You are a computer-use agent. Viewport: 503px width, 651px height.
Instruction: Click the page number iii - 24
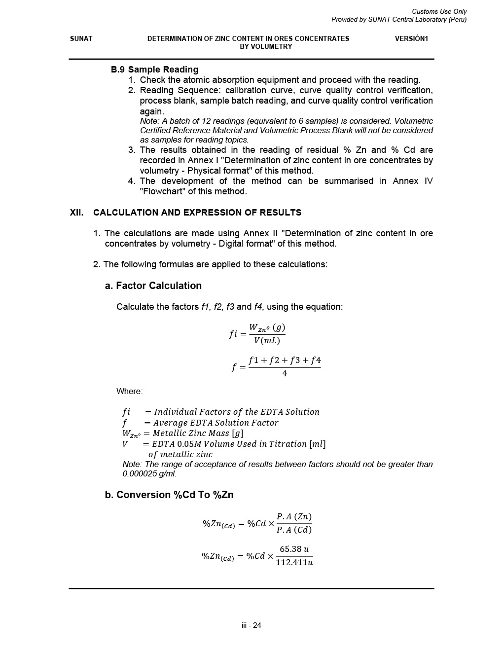tap(251, 625)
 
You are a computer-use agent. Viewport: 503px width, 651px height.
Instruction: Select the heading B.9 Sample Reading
tap(154, 70)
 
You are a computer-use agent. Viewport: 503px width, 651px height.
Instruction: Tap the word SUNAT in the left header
tap(81, 38)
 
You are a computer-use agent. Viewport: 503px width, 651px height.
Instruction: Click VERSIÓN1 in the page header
tap(411, 38)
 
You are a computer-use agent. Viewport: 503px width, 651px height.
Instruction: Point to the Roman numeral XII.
tap(76, 213)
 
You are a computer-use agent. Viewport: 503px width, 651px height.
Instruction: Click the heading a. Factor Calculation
tap(153, 286)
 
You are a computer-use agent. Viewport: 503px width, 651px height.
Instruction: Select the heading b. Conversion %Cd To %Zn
tap(169, 495)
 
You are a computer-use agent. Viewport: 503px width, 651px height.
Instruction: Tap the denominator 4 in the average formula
tap(285, 374)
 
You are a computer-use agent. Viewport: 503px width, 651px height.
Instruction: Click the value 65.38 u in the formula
tap(294, 549)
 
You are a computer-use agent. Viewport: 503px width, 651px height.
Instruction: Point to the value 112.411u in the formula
tap(294, 562)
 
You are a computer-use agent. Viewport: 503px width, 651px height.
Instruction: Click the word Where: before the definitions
tap(129, 391)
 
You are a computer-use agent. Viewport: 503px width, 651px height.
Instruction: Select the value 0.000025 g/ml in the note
tap(149, 474)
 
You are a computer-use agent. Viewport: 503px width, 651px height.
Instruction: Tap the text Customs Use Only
tap(439, 11)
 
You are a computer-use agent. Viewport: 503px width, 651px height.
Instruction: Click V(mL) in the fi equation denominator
tap(267, 341)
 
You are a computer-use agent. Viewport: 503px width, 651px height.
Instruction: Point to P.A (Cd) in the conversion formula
tap(294, 530)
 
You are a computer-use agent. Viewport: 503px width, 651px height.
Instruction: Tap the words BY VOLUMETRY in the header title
tap(266, 46)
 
